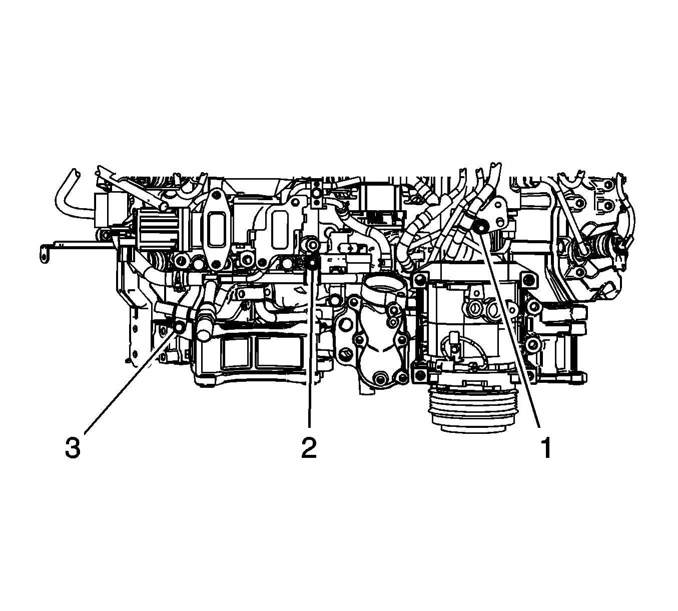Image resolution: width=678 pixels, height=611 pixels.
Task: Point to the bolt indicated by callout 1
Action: (481, 226)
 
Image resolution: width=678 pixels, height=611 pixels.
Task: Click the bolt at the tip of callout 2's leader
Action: (313, 262)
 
